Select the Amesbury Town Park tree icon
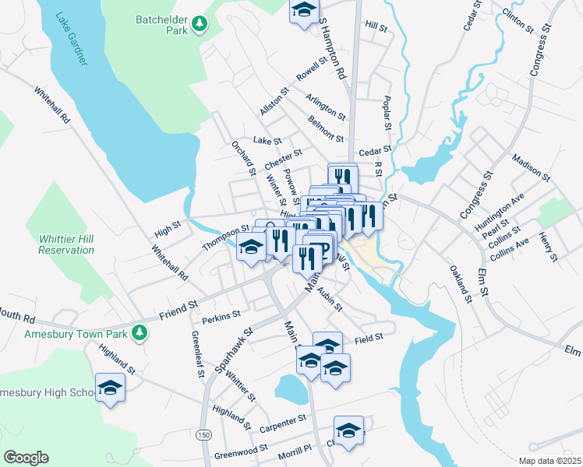(140, 332)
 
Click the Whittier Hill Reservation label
(65, 244)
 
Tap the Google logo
(26, 458)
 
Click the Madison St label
(532, 168)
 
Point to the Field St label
(369, 338)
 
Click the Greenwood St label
(241, 449)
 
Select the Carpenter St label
(284, 421)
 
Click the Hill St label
(376, 26)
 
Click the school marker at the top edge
(304, 11)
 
